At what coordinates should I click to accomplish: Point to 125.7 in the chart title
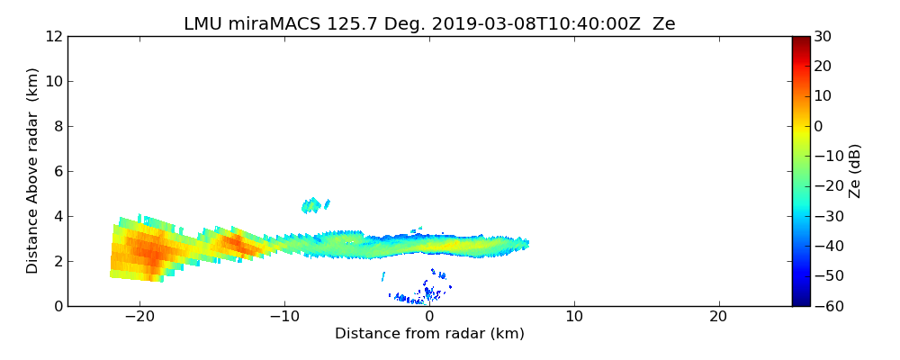(x=339, y=24)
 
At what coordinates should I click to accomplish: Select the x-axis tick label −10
(x=284, y=318)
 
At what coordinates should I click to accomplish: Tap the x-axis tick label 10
(x=573, y=318)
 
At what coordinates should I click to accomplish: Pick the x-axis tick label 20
(x=718, y=318)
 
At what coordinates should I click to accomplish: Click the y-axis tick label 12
(x=53, y=36)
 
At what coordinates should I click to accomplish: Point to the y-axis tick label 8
(x=57, y=126)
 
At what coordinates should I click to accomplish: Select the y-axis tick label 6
(x=57, y=171)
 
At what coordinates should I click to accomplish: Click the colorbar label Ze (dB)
(x=855, y=171)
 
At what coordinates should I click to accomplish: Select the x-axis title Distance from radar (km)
(x=429, y=334)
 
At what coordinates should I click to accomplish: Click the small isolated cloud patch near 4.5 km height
(x=312, y=205)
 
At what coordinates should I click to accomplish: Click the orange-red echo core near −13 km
(x=236, y=242)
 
